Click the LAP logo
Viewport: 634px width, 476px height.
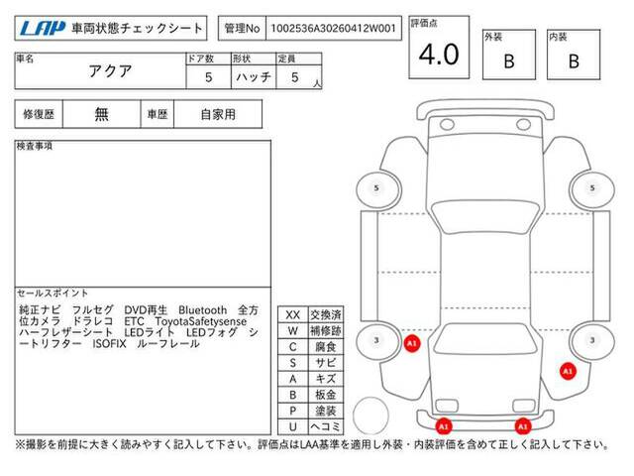pyautogui.click(x=43, y=28)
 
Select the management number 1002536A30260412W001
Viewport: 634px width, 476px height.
pyautogui.click(x=333, y=29)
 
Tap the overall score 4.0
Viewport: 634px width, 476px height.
pyautogui.click(x=439, y=55)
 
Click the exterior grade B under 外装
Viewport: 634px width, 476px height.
pyautogui.click(x=509, y=61)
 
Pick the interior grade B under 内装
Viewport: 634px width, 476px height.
pyautogui.click(x=574, y=61)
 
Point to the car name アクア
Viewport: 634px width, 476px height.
pyautogui.click(x=110, y=71)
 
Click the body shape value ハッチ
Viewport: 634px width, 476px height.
pyautogui.click(x=254, y=77)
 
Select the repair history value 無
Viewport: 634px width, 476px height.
pyautogui.click(x=101, y=114)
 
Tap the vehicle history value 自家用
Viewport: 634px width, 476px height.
pyautogui.click(x=218, y=115)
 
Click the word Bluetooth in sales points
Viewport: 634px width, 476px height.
pyautogui.click(x=202, y=310)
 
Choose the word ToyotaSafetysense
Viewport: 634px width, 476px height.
pyautogui.click(x=200, y=321)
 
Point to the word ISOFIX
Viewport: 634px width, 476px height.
pyautogui.click(x=109, y=344)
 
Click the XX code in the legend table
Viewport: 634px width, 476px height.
pyautogui.click(x=293, y=315)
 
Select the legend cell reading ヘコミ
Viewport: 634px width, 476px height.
pyautogui.click(x=326, y=426)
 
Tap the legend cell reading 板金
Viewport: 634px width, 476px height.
pyautogui.click(x=326, y=395)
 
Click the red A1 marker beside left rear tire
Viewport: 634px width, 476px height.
pyautogui.click(x=412, y=344)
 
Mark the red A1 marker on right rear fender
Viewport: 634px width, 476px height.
pyautogui.click(x=568, y=371)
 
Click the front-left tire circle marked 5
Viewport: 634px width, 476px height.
pyautogui.click(x=376, y=187)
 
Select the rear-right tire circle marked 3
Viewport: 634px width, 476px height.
pyautogui.click(x=592, y=340)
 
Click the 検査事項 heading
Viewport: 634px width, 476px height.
pyautogui.click(x=35, y=146)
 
